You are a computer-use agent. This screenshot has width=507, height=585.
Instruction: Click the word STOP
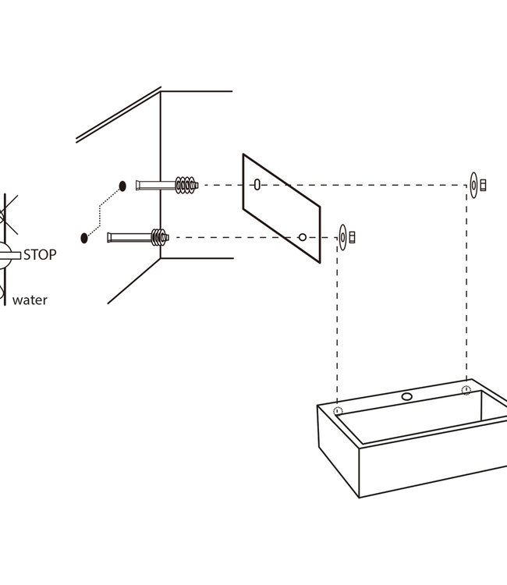pyautogui.click(x=40, y=254)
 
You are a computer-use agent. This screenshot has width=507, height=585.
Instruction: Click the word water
pyautogui.click(x=30, y=300)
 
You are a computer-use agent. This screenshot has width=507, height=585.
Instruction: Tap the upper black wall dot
pyautogui.click(x=122, y=186)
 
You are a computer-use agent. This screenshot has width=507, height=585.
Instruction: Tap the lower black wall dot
pyautogui.click(x=83, y=236)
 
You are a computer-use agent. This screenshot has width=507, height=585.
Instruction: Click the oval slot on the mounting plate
pyautogui.click(x=257, y=185)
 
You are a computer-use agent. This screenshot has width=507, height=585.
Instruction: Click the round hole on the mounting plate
pyautogui.click(x=303, y=236)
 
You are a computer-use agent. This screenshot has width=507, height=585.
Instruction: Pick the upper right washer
pyautogui.click(x=473, y=185)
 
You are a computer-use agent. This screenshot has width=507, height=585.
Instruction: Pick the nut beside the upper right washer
pyautogui.click(x=483, y=185)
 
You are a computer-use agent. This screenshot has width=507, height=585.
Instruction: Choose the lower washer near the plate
pyautogui.click(x=342, y=236)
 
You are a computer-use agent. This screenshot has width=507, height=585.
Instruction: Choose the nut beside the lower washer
pyautogui.click(x=352, y=236)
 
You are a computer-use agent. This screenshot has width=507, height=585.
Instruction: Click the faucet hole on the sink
pyautogui.click(x=406, y=396)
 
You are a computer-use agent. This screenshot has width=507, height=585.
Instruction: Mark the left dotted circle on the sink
pyautogui.click(x=338, y=411)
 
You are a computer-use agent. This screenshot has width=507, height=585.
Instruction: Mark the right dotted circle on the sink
pyautogui.click(x=466, y=390)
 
